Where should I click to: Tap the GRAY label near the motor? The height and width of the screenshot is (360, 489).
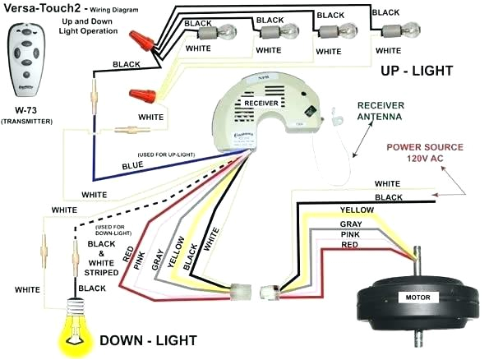click(x=350, y=224)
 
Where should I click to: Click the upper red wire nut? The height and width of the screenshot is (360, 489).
click(x=145, y=39)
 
